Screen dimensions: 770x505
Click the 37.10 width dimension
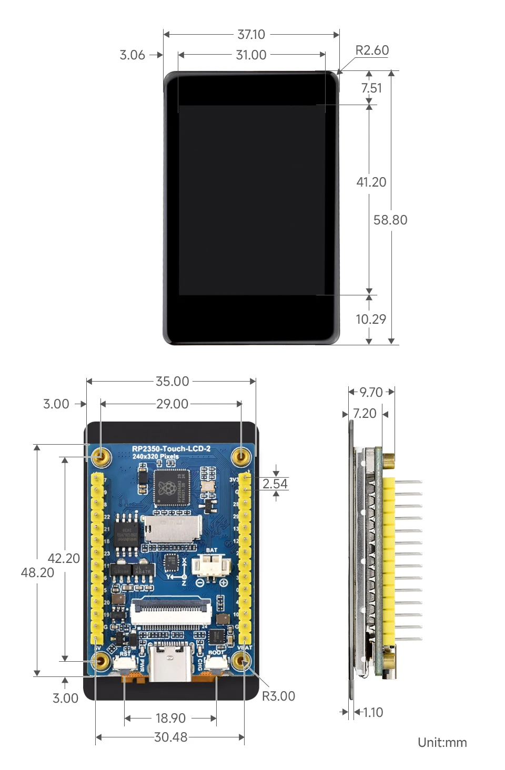click(251, 35)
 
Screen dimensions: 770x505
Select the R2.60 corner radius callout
click(372, 50)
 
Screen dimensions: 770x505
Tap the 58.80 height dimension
click(390, 220)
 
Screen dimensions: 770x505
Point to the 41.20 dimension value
click(371, 182)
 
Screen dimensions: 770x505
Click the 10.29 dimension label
click(371, 320)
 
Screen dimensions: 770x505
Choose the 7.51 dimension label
click(371, 88)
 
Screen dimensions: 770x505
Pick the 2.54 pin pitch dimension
click(275, 484)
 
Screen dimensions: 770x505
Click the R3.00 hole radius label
click(278, 696)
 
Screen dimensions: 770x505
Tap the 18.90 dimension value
click(170, 718)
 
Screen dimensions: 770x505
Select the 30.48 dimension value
click(170, 737)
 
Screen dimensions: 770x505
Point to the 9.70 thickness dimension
click(371, 393)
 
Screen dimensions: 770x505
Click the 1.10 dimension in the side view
click(372, 713)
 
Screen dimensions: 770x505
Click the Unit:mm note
click(442, 743)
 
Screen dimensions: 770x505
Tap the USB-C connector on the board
click(170, 664)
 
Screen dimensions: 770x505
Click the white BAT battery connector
click(211, 566)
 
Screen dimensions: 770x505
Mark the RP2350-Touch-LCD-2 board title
click(171, 449)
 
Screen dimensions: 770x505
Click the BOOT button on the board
click(216, 663)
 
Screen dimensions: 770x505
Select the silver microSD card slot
click(173, 529)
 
